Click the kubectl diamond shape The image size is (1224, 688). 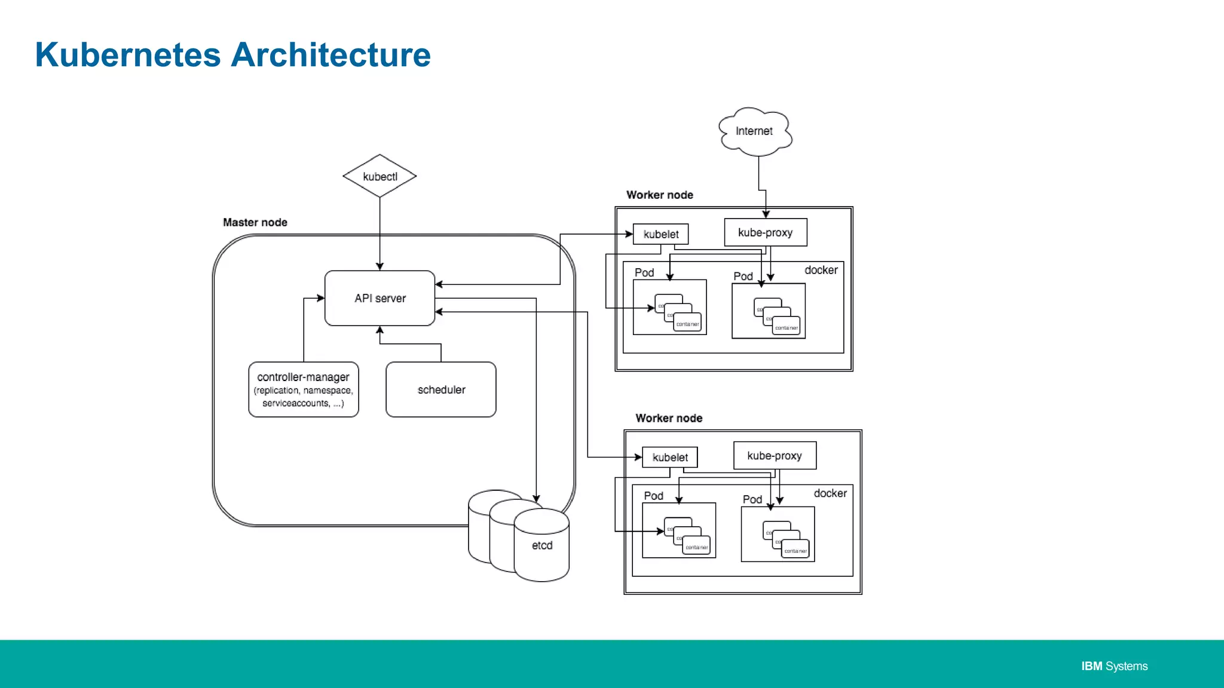coord(380,176)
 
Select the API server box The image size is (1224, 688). coord(380,298)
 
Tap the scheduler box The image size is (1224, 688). coord(441,389)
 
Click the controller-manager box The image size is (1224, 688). coord(304,389)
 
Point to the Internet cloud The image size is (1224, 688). coord(755,131)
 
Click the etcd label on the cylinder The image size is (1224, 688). coord(542,545)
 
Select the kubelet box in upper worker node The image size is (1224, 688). coord(660,234)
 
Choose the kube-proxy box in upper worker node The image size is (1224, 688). coord(766,232)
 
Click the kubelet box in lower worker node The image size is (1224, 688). coord(670,457)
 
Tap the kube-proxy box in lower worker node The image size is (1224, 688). coord(775,456)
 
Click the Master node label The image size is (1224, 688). coord(255,222)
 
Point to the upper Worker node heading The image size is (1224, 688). coord(660,195)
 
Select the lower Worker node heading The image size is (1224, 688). coord(669,418)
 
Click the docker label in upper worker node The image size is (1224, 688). coord(821,270)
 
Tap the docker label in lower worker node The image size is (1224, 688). coord(830,493)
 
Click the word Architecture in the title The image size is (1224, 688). coord(331,55)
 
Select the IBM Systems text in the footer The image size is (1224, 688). coord(1114,666)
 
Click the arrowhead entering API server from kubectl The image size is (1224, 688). coord(380,266)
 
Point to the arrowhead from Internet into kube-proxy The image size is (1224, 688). coord(766,214)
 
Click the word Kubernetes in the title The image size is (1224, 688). coord(128,55)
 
